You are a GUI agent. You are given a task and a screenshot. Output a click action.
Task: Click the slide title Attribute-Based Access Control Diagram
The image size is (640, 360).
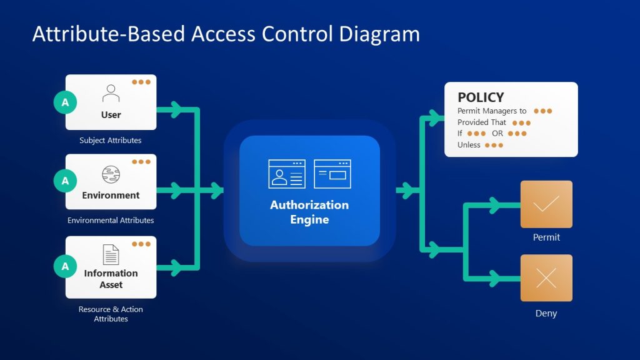tap(226, 34)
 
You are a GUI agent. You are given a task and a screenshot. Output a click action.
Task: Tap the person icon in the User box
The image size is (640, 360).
tap(111, 94)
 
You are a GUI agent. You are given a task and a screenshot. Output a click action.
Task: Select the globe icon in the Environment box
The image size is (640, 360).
tap(111, 174)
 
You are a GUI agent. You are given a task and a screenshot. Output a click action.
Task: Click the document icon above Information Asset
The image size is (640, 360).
tap(111, 254)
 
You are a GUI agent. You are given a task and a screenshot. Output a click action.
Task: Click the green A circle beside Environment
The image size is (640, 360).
tap(65, 181)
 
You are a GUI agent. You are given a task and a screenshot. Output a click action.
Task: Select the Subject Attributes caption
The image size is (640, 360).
tap(111, 141)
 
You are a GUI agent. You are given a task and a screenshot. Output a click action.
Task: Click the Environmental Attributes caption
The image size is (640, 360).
tap(111, 221)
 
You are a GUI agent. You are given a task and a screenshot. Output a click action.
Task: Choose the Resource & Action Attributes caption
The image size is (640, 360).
tap(111, 314)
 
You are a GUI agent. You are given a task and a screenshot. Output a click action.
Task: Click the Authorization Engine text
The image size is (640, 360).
tap(309, 212)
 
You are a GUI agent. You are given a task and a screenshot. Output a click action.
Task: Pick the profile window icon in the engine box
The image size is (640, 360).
tap(287, 173)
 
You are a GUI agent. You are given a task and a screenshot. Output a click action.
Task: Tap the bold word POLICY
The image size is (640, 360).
tap(481, 97)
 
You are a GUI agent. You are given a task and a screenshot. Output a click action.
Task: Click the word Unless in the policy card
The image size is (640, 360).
tap(469, 145)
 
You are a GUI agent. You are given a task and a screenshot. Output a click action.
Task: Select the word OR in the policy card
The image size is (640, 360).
tap(497, 133)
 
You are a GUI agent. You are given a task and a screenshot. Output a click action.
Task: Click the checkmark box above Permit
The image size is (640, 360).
tap(546, 204)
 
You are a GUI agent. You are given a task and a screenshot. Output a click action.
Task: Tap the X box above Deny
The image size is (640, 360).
tap(546, 278)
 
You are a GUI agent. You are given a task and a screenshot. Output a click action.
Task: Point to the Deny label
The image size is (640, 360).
tap(546, 314)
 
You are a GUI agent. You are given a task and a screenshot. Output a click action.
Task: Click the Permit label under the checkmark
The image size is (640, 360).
tap(546, 237)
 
